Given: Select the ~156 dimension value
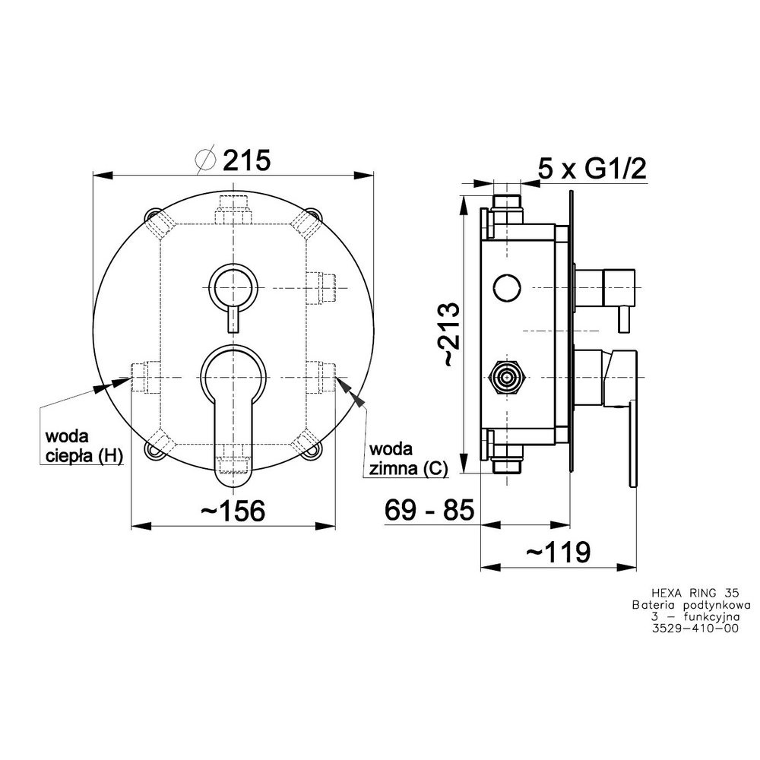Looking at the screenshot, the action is (x=233, y=510).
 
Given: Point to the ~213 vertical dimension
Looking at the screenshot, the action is (x=448, y=334).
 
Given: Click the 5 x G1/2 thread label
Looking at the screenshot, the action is (x=592, y=169).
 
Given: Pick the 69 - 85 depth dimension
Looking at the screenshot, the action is (x=429, y=509).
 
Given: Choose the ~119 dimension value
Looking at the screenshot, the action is (x=559, y=551).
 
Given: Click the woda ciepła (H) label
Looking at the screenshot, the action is (x=84, y=446).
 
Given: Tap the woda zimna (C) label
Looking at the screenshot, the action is (x=408, y=458).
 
